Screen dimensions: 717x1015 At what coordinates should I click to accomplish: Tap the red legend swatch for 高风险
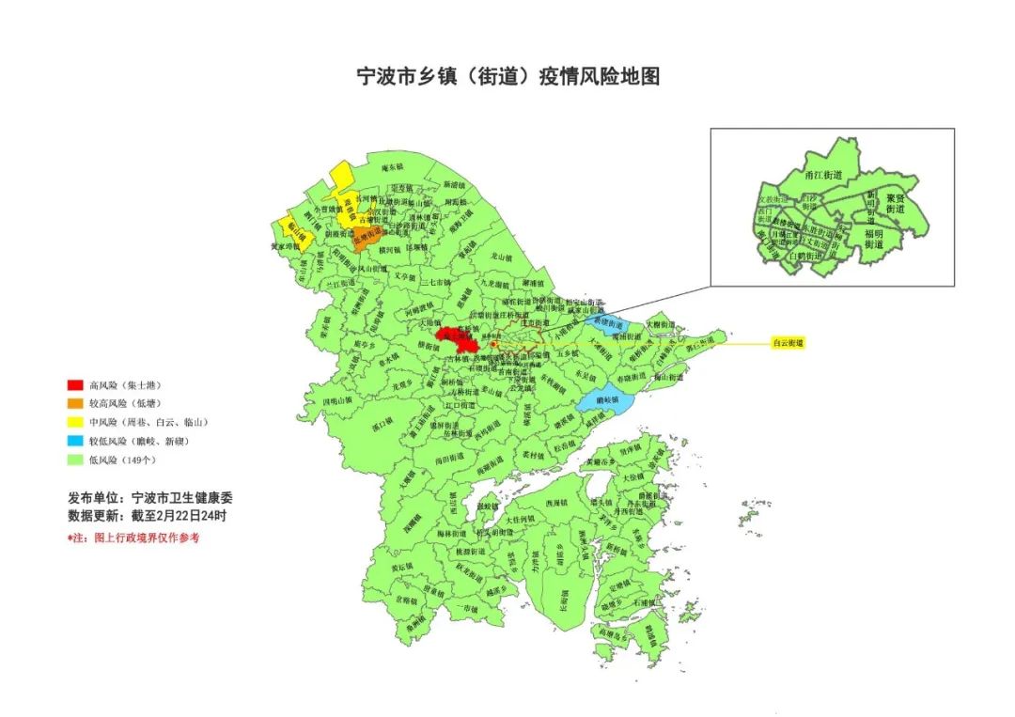pyautogui.click(x=74, y=385)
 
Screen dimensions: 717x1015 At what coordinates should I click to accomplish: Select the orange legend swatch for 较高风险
pyautogui.click(x=74, y=404)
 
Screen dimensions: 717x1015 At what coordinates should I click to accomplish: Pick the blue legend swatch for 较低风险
pyautogui.click(x=74, y=441)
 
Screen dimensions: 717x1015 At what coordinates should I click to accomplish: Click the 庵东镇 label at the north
pyautogui.click(x=393, y=167)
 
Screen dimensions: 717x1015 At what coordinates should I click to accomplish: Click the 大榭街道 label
pyautogui.click(x=661, y=323)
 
